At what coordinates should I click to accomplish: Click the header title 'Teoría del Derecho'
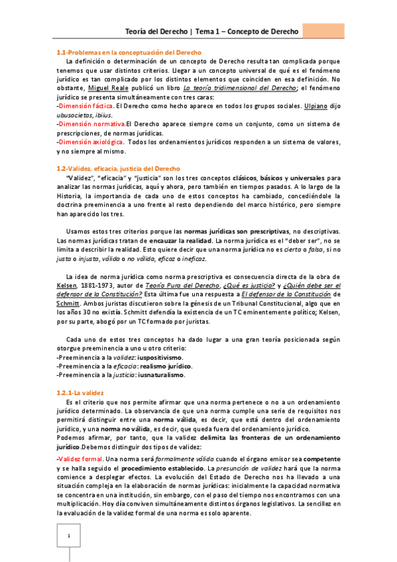(156, 31)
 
